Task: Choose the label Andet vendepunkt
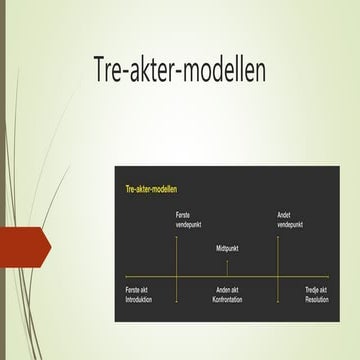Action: coord(289,220)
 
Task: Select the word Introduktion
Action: coord(139,300)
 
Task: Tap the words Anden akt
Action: coord(228,291)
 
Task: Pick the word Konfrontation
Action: coord(228,300)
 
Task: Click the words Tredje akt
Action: coord(317,291)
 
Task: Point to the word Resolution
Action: coord(317,300)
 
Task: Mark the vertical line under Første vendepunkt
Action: coord(177,255)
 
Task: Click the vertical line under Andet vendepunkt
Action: coord(278,255)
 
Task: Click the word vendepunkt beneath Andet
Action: coord(291,224)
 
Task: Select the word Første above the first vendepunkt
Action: coord(182,215)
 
